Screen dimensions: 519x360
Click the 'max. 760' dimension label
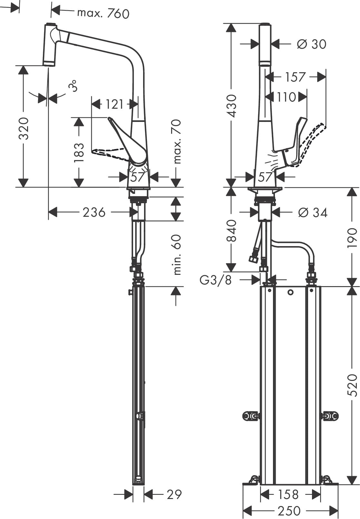[103, 13]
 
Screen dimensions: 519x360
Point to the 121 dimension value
[114, 104]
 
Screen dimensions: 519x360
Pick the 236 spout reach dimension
[94, 212]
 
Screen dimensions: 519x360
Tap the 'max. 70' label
[177, 141]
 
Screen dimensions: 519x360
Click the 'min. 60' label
[177, 255]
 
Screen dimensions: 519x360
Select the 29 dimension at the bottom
[174, 494]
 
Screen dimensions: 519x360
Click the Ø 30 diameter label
[311, 44]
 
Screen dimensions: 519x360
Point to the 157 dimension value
[295, 77]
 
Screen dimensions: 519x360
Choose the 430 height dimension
[231, 105]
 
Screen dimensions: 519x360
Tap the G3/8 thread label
[216, 280]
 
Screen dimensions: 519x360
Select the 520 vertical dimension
[353, 385]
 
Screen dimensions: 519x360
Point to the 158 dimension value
[288, 494]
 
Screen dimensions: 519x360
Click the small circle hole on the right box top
[290, 292]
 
